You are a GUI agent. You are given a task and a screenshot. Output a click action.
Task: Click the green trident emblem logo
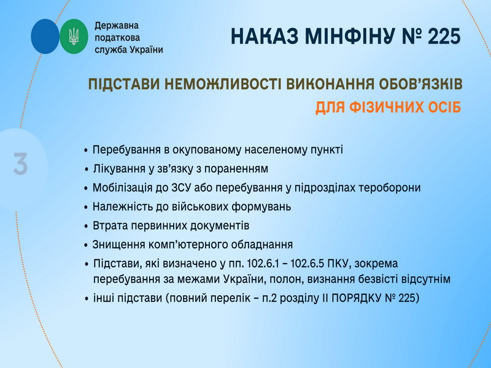pos(74,36)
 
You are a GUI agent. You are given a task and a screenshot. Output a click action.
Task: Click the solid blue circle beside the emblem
pos(45,36)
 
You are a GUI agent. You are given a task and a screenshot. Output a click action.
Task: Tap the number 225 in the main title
pos(444,36)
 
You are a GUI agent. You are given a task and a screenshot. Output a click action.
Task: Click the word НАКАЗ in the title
pos(265,36)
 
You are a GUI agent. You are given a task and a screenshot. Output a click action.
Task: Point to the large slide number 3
pos(21,164)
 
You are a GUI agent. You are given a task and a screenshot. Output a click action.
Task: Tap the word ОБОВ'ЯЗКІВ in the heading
pos(420,85)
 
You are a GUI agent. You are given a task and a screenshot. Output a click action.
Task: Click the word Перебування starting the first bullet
pos(126,150)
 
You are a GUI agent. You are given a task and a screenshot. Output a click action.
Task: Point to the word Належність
pos(123,207)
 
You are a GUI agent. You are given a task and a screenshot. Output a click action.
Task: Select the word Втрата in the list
pos(110,226)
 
